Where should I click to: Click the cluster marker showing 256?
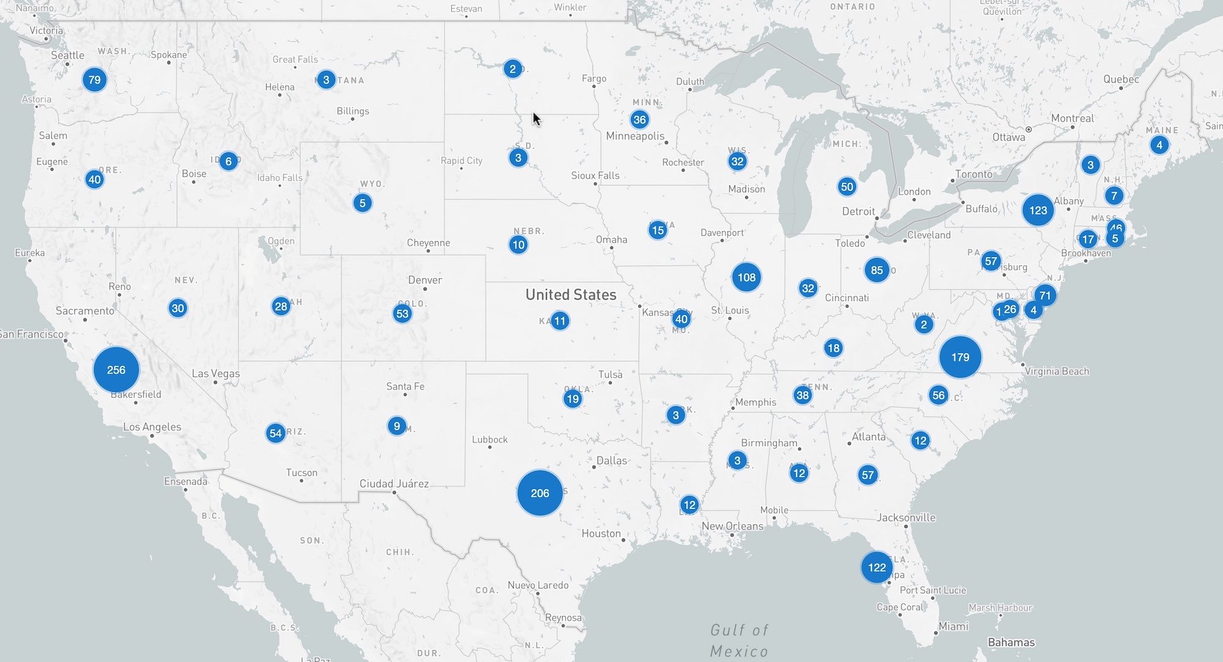(116, 370)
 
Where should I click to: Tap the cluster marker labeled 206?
(539, 493)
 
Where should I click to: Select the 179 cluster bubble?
(960, 357)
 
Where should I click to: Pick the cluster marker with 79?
(94, 80)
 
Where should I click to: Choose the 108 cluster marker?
(746, 277)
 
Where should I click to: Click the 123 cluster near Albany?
(1038, 210)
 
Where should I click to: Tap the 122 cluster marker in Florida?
(877, 567)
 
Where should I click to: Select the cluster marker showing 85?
(877, 270)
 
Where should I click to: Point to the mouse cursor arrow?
(536, 118)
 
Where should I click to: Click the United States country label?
(571, 294)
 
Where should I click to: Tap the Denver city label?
(424, 280)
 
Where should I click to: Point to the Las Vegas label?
(215, 373)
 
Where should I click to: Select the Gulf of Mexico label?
(739, 640)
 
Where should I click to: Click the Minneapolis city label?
(635, 136)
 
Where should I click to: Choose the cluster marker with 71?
(1045, 296)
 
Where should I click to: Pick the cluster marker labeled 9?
(397, 426)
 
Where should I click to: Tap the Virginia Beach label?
(1057, 371)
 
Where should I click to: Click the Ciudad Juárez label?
(394, 483)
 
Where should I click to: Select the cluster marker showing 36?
(640, 119)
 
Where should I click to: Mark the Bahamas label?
(1011, 642)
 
